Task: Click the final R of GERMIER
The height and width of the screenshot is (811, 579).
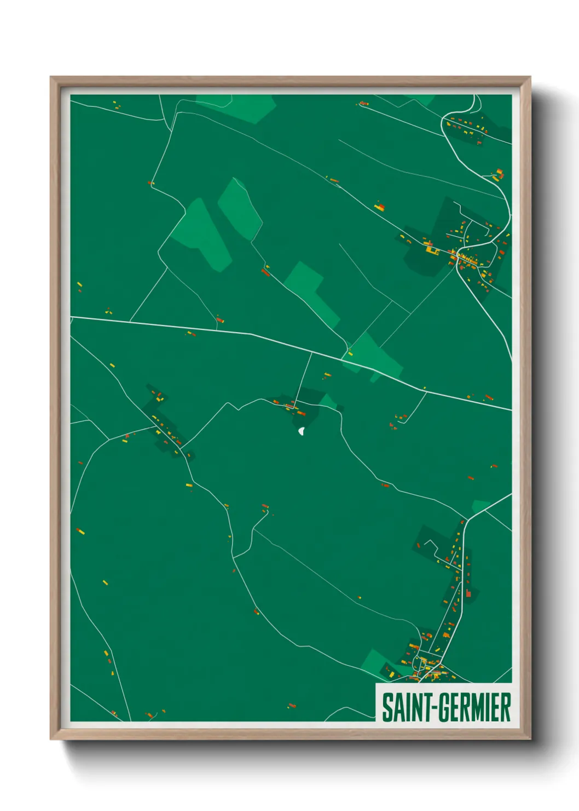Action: pyautogui.click(x=506, y=707)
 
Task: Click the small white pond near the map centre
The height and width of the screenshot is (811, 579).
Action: pyautogui.click(x=302, y=432)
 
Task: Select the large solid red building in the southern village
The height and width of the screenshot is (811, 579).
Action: pyautogui.click(x=468, y=593)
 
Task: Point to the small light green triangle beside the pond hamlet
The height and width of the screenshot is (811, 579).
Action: pyautogui.click(x=328, y=402)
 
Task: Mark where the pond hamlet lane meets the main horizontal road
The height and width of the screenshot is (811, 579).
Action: pyautogui.click(x=311, y=352)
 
